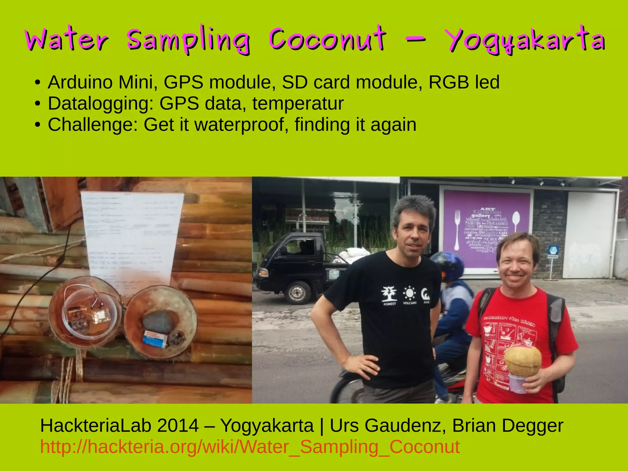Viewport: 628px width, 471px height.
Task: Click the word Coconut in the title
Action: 327,40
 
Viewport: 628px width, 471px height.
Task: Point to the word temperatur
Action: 298,103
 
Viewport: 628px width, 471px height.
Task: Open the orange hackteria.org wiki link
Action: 250,446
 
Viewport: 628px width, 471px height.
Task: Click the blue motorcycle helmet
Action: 449,265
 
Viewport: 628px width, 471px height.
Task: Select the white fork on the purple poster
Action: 457,230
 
